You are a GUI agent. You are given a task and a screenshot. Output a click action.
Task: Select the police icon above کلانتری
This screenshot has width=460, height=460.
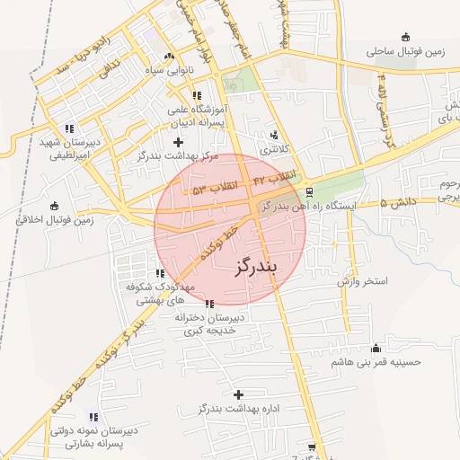(274, 135)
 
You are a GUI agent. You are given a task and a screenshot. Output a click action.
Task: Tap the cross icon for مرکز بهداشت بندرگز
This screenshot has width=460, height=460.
(178, 141)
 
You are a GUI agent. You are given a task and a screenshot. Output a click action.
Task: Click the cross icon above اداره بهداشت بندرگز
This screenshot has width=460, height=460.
(238, 394)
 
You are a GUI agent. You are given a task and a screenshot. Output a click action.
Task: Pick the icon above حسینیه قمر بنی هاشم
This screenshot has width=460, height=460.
(376, 348)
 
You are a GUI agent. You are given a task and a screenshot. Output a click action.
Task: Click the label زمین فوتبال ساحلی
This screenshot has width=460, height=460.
(405, 52)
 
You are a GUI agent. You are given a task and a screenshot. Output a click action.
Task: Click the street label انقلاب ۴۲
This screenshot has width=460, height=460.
(275, 179)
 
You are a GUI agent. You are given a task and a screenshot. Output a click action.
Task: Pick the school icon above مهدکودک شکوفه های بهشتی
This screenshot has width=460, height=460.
(160, 273)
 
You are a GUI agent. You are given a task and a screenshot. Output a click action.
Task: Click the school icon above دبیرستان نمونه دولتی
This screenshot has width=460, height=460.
(94, 416)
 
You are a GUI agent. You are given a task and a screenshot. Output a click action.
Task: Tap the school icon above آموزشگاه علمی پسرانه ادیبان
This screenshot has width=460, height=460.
(196, 95)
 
